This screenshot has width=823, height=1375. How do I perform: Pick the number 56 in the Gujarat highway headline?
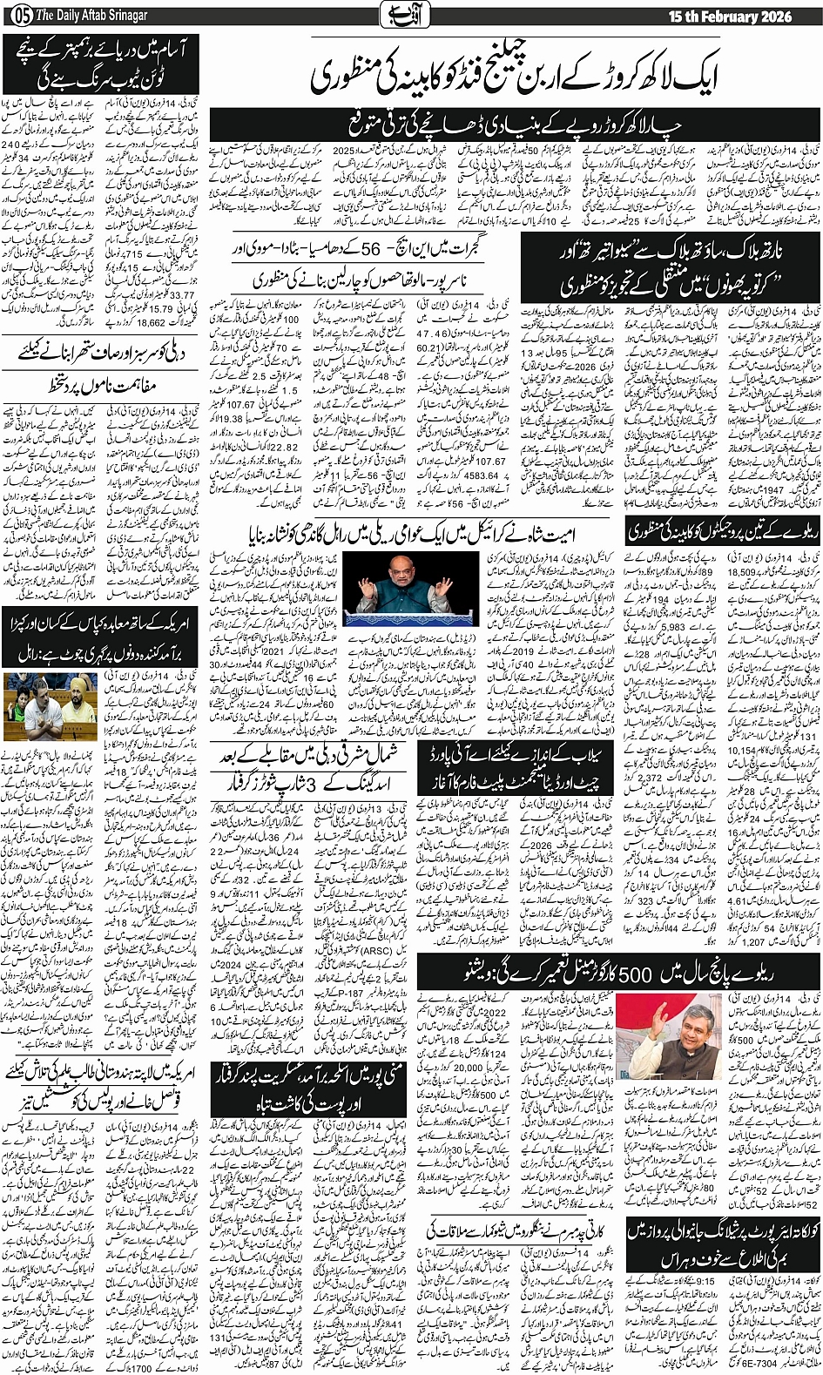coord(347,250)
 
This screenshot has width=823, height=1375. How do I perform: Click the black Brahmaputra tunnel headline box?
coord(100,63)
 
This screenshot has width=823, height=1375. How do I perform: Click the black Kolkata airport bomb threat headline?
coord(722,1244)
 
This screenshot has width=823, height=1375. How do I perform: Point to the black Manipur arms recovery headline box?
coord(312,1087)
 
